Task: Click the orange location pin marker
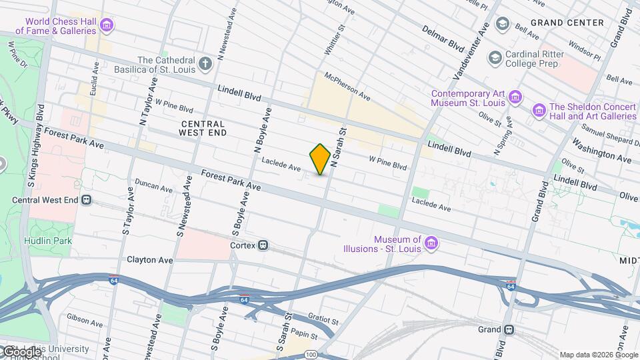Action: pos(320,159)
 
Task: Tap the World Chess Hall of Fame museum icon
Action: pos(107,26)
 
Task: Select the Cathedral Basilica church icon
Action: pos(206,65)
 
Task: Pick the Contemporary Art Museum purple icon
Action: pos(515,99)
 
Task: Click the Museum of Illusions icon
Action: pos(431,244)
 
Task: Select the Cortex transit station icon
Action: pos(264,245)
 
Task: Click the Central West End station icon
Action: pos(87,199)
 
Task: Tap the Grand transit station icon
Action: pos(509,329)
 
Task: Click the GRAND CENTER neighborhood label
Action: pos(567,23)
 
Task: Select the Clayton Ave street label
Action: pos(150,259)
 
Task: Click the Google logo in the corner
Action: pos(22,351)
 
